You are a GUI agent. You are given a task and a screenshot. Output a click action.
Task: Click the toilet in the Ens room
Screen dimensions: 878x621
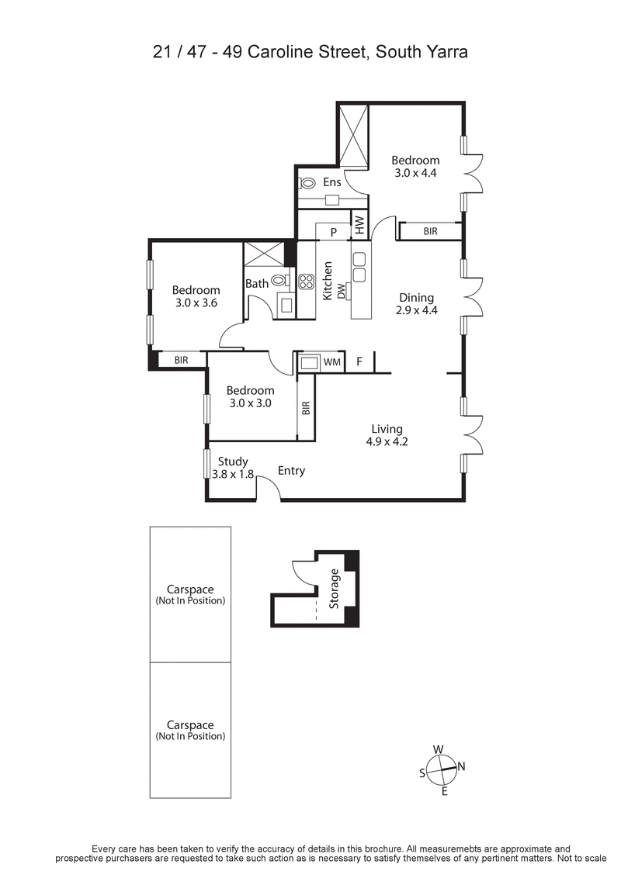307,184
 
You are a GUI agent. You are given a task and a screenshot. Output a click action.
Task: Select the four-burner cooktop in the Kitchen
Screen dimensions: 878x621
306,282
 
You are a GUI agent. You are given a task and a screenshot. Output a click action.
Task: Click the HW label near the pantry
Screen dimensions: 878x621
360,226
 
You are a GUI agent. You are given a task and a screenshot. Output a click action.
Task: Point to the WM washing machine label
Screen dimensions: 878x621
331,361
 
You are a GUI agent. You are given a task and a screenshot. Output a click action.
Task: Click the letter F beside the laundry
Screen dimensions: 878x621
359,361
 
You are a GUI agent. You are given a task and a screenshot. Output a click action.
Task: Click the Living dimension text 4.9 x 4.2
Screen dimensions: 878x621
387,442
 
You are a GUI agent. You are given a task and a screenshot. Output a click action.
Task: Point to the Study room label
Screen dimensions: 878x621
233,461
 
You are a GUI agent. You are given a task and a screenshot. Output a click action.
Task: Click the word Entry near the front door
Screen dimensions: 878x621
292,471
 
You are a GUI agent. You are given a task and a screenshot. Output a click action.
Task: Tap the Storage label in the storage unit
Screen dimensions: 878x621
335,589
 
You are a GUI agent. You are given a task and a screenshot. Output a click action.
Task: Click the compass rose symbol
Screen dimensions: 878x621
440,770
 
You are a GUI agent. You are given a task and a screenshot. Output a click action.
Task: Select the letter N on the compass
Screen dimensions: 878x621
461,767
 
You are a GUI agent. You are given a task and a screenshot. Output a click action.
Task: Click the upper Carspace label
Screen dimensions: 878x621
190,589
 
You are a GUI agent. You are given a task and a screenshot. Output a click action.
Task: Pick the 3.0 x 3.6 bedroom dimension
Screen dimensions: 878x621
196,303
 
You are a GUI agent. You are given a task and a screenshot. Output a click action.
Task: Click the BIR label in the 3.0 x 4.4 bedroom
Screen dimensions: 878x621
430,231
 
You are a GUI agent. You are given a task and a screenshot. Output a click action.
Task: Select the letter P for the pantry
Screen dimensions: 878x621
334,231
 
